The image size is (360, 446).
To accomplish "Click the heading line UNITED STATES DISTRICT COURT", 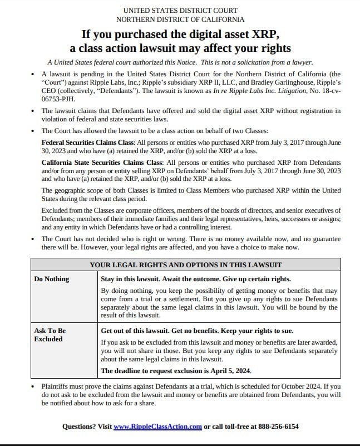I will click(180, 10).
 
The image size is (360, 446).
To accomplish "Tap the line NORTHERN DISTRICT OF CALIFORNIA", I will click(180, 19).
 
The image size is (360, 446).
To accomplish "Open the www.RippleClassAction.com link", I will click(157, 427).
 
